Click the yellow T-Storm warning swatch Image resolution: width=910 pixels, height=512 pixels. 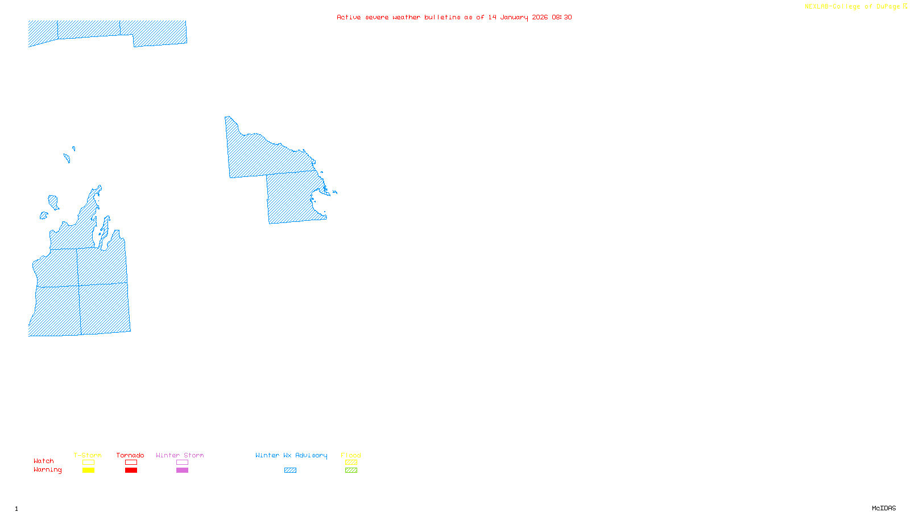click(x=88, y=470)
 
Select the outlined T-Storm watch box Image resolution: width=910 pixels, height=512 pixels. click(x=88, y=463)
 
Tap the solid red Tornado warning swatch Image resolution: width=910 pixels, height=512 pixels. click(x=131, y=470)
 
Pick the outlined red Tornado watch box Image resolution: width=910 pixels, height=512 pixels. click(x=131, y=463)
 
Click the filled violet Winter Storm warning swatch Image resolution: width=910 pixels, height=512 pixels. click(x=182, y=470)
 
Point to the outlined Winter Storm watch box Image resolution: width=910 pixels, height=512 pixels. click(x=182, y=463)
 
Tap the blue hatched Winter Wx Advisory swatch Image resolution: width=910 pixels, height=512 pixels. click(x=290, y=470)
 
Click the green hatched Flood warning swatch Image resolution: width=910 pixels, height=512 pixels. click(x=351, y=470)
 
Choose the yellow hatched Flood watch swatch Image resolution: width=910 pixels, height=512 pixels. click(x=351, y=463)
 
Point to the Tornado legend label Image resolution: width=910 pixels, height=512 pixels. click(x=130, y=455)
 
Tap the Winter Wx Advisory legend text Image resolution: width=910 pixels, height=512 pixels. click(x=291, y=455)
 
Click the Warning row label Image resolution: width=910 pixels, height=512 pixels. click(x=47, y=470)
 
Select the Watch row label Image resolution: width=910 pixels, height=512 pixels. click(x=44, y=461)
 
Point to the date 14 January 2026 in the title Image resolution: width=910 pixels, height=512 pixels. click(x=518, y=17)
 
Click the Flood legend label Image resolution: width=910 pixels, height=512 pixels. click(x=351, y=455)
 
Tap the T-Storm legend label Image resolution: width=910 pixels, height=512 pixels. click(x=88, y=455)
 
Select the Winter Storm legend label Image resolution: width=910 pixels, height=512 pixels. click(x=180, y=455)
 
